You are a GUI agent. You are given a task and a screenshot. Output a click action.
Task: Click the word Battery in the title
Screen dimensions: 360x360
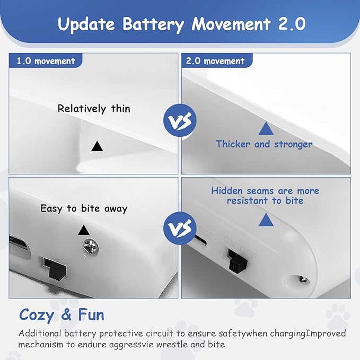[x=153, y=24]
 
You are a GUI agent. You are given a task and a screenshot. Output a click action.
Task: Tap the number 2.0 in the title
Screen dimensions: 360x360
[x=292, y=24]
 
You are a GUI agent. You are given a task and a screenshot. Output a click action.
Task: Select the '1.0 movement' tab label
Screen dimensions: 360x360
[x=46, y=61]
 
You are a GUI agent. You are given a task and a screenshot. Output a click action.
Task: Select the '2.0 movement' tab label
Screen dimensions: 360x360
[x=215, y=61]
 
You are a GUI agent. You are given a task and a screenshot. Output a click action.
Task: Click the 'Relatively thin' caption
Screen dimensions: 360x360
[x=94, y=108]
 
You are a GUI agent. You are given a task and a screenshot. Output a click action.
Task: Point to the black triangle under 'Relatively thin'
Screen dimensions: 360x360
[x=97, y=146]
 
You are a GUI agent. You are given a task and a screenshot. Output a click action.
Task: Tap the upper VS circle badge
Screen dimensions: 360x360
[x=180, y=120]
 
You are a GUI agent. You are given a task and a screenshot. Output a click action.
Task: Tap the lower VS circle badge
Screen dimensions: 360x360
[x=180, y=228]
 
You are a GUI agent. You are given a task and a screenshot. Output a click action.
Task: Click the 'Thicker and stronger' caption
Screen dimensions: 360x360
[x=264, y=144]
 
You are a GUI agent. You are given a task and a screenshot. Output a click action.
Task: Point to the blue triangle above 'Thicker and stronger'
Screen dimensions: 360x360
[x=266, y=128]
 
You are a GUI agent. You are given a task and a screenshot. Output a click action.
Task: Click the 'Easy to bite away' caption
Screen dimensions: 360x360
[x=84, y=209]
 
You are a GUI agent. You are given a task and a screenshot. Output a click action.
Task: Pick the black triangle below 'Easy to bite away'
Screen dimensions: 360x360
[x=84, y=230]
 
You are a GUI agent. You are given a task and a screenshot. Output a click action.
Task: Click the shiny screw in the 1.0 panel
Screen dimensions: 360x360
[x=91, y=247]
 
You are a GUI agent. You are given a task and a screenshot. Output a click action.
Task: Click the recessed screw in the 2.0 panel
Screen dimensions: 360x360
[x=303, y=279]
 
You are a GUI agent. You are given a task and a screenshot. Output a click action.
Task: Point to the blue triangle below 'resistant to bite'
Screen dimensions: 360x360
[x=266, y=220]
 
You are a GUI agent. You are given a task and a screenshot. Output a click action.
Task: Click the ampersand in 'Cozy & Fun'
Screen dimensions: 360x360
[x=66, y=315]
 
